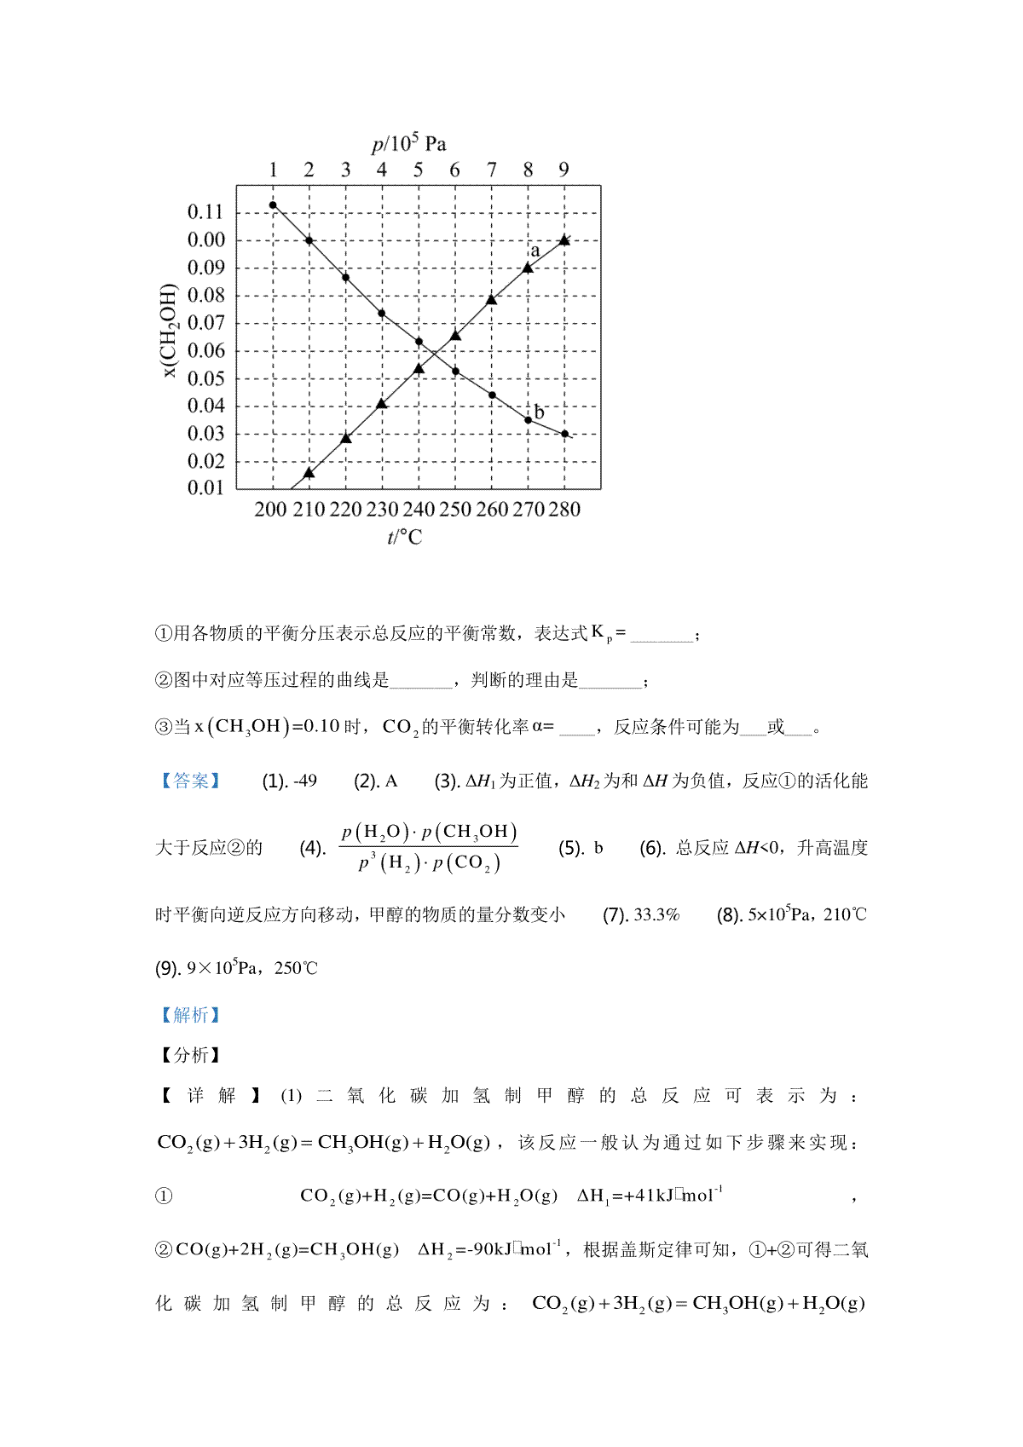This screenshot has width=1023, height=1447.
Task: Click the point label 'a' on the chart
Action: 535,251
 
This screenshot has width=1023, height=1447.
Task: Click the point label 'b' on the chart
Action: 539,412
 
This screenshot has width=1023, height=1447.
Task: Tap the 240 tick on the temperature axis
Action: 418,510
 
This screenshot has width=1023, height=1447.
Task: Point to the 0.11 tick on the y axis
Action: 205,211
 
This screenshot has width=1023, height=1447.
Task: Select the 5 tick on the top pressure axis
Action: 418,170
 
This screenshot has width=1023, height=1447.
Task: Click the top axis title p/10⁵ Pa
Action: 408,144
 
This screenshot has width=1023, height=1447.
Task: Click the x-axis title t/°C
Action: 404,538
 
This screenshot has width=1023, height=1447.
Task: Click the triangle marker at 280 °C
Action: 564,240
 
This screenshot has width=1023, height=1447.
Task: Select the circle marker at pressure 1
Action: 273,205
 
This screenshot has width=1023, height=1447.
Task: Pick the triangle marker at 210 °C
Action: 309,472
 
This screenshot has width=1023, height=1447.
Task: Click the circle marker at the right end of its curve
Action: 564,434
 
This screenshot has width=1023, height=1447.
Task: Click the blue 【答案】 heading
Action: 190,781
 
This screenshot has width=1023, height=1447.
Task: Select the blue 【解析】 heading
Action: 190,1015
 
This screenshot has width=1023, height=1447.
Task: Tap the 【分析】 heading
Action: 190,1055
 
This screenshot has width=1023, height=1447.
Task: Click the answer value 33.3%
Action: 656,915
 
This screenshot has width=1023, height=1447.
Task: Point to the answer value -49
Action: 304,781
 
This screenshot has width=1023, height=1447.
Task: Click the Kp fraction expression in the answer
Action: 428,847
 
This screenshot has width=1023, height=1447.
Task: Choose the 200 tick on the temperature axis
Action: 271,510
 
